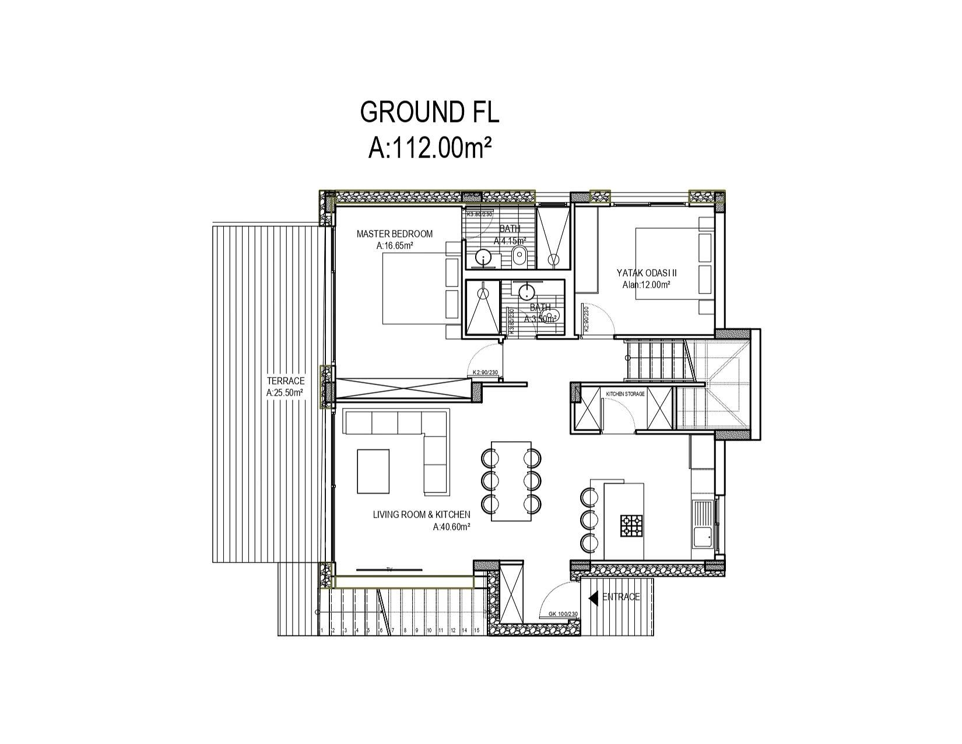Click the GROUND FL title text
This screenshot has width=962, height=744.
pos(430,112)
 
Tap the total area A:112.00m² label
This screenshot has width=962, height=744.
pos(430,148)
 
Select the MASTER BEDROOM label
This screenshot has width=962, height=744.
pos(395,234)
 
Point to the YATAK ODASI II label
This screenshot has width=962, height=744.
pos(647,273)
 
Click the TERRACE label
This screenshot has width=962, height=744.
pos(286,381)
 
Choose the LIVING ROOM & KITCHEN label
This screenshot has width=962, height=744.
pos(422,514)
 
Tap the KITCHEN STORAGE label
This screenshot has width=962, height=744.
pos(626,394)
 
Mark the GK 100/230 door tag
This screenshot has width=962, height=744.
pos(563,614)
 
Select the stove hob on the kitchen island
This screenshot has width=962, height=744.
pos(631,525)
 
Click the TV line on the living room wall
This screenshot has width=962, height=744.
pos(389,568)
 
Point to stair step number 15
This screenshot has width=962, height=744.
pos(476,631)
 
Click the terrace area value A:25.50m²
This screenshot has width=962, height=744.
pos(285,393)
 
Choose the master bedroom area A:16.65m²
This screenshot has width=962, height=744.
pos(395,246)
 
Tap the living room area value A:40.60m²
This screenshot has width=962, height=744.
pos(452,526)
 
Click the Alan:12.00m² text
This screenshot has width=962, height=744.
pos(646,285)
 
